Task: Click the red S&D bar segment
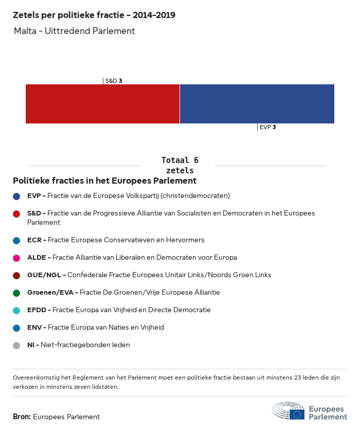(102, 104)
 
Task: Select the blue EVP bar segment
(257, 104)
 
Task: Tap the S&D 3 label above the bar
(113, 81)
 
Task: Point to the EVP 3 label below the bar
(267, 127)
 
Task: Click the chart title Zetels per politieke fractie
(94, 15)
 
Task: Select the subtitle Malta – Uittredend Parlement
(75, 31)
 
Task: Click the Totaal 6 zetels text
(180, 165)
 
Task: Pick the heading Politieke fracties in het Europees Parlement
(104, 181)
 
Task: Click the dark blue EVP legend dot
(16, 196)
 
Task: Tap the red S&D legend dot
(16, 213)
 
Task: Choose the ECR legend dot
(16, 240)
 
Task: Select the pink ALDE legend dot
(16, 258)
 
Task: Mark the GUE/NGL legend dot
(16, 275)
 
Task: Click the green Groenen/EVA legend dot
(16, 293)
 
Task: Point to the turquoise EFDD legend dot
(16, 310)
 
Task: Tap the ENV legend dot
(16, 328)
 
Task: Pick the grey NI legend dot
(16, 345)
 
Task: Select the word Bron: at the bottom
(22, 417)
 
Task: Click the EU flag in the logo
(297, 414)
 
